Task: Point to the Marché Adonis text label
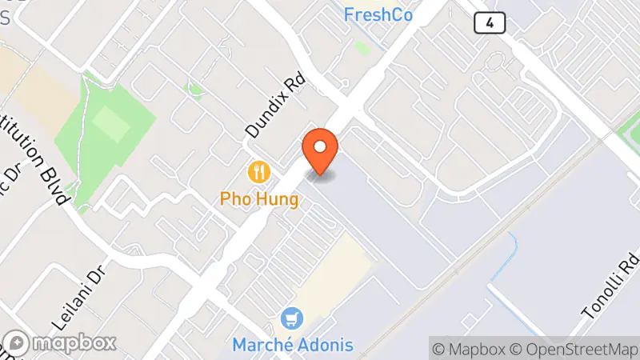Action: (293, 346)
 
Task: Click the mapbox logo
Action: (60, 343)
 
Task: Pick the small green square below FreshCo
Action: (362, 47)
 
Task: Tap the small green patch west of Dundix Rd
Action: (193, 87)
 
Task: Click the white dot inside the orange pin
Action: (320, 146)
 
